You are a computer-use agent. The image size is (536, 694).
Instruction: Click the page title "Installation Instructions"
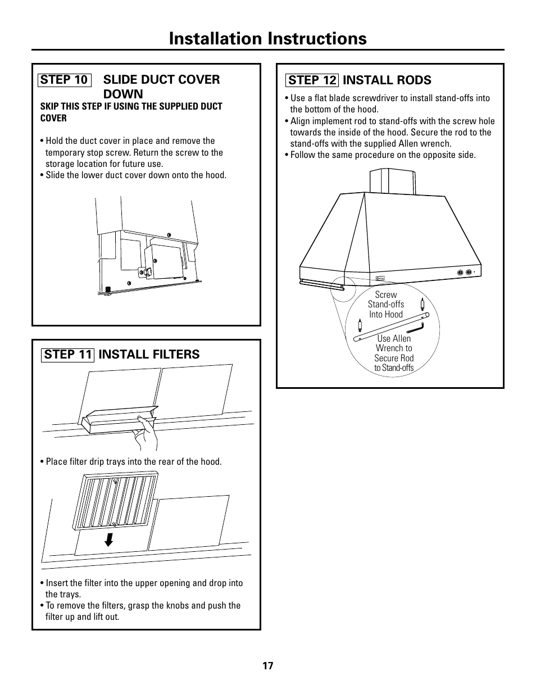(267, 38)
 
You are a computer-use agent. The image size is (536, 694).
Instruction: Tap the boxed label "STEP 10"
(64, 80)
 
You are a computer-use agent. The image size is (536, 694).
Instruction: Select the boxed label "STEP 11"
(67, 354)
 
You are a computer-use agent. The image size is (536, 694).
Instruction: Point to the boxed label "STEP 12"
(312, 80)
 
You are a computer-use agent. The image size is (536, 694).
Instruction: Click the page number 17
(267, 666)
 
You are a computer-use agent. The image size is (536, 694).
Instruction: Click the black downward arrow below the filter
(109, 539)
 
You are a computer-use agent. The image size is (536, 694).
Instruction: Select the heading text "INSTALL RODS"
(387, 80)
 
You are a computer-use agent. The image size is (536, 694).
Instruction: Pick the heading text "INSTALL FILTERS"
(149, 354)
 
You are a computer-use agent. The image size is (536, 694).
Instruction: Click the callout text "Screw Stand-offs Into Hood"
(386, 305)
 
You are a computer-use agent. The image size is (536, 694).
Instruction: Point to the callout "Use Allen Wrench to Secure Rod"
(394, 353)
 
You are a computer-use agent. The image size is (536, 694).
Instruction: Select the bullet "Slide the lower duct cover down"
(135, 175)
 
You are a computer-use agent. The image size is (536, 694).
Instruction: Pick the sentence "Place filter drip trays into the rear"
(133, 462)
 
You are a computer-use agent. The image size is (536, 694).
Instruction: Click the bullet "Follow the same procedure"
(382, 155)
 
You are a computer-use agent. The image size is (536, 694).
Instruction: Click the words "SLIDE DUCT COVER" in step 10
(162, 80)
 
